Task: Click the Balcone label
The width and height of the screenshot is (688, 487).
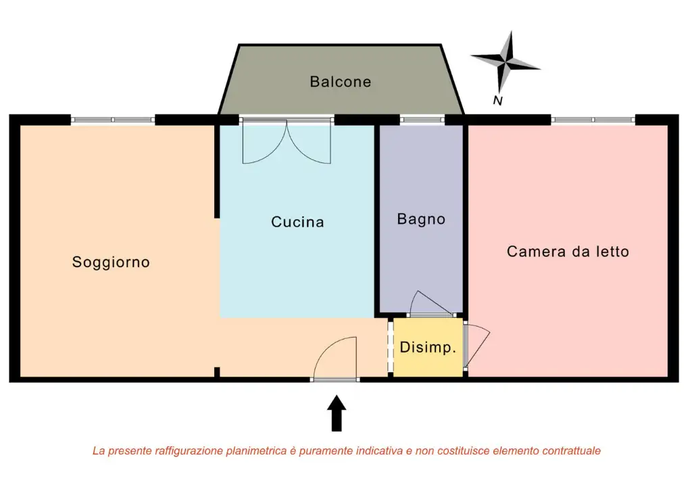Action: click(341, 82)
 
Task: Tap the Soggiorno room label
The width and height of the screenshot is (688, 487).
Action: click(111, 262)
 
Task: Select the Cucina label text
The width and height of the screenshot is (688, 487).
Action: click(297, 222)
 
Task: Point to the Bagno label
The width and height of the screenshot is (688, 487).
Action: click(421, 219)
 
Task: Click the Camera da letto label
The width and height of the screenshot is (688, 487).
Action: click(568, 252)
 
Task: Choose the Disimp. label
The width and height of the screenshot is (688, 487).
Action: click(428, 348)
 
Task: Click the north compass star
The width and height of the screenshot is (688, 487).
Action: click(506, 62)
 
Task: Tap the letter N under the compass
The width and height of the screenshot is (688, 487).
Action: click(498, 101)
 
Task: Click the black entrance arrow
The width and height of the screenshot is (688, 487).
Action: click(336, 413)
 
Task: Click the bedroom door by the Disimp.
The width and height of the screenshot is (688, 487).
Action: click(476, 346)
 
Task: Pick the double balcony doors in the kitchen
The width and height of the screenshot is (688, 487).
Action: click(287, 142)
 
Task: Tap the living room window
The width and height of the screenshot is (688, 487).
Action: click(113, 120)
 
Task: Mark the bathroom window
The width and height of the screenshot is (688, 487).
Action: click(422, 120)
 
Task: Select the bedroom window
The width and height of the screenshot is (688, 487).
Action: click(593, 120)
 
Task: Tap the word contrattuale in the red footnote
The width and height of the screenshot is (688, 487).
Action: click(567, 450)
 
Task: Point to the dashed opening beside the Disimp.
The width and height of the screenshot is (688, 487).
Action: click(390, 347)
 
